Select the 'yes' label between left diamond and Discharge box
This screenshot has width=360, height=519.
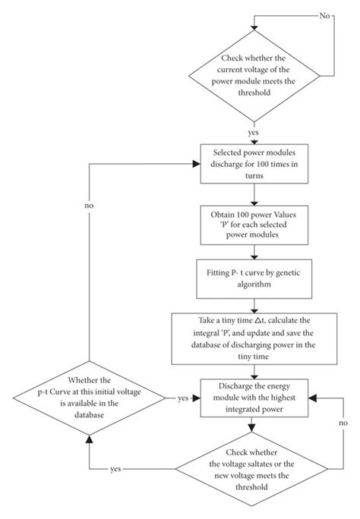pos(183,398)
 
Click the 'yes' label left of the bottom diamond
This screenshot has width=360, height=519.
pos(115,469)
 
